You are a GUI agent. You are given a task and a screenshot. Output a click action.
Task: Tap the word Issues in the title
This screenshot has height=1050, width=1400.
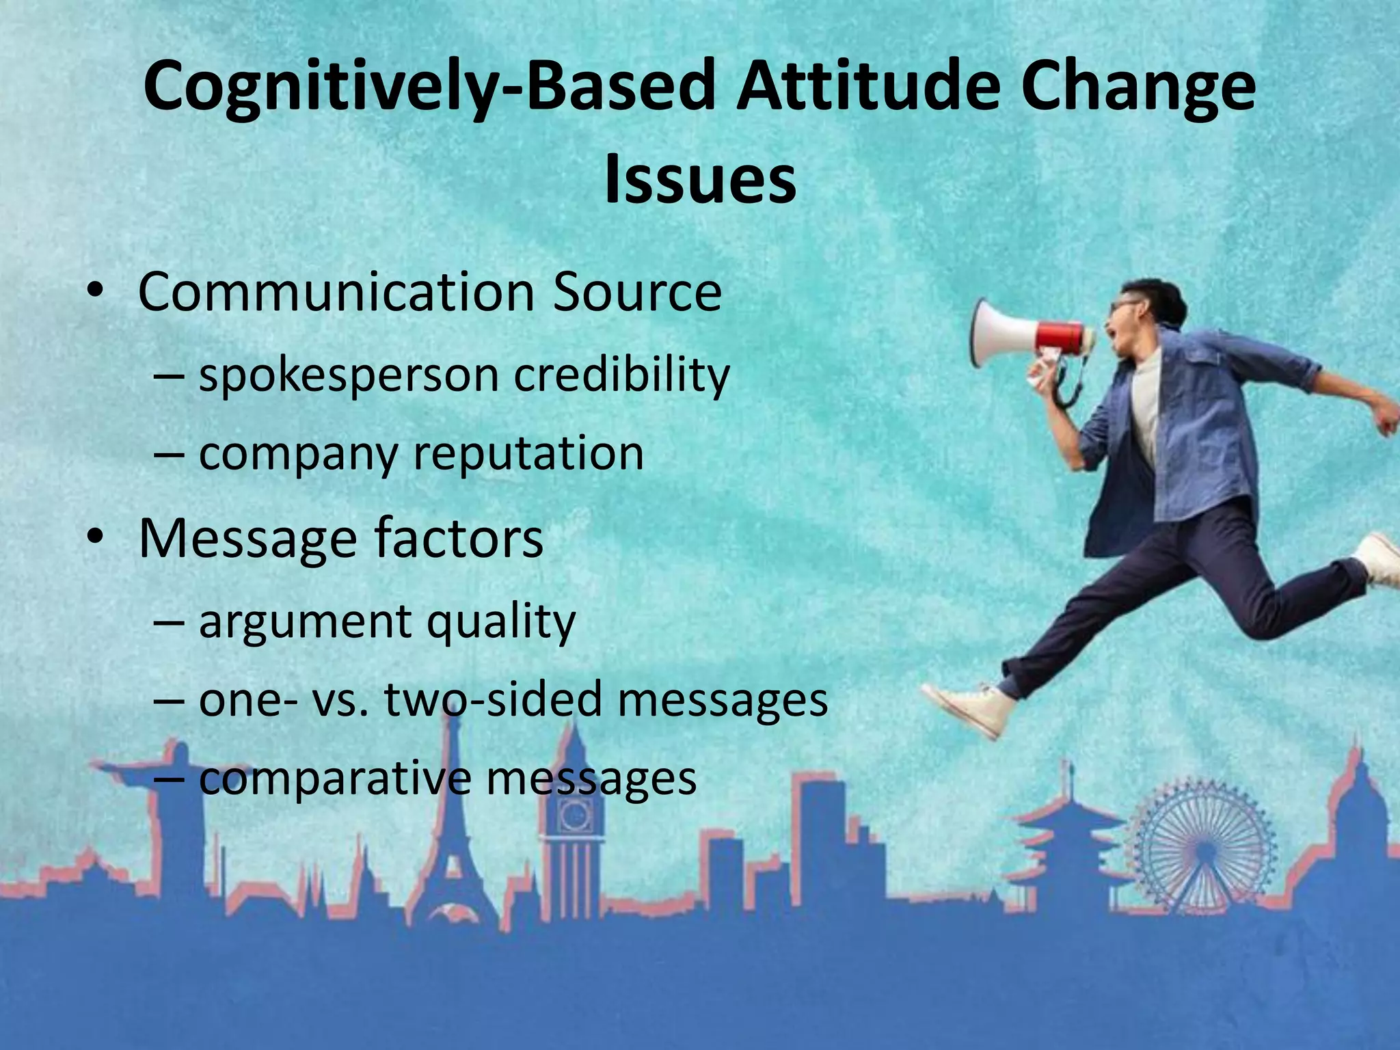[x=700, y=179]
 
